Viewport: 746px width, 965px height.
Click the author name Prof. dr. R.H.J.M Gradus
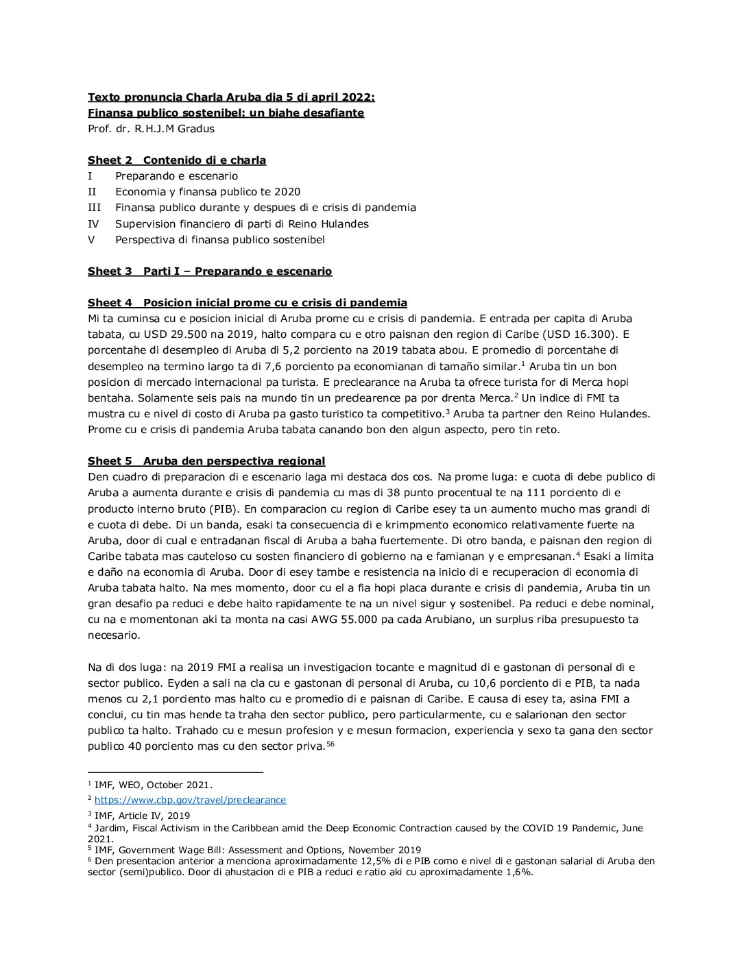click(x=151, y=129)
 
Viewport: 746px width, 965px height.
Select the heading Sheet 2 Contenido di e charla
click(x=177, y=160)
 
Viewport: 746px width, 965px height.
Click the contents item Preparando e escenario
click(x=176, y=176)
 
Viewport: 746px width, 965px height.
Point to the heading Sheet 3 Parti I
click(x=210, y=271)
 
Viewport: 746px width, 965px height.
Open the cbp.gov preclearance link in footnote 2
click(x=190, y=800)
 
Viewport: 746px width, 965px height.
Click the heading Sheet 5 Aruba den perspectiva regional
click(x=206, y=461)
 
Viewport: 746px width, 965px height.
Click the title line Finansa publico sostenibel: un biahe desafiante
click(x=226, y=113)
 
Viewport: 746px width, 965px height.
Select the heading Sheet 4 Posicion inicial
click(x=248, y=303)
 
